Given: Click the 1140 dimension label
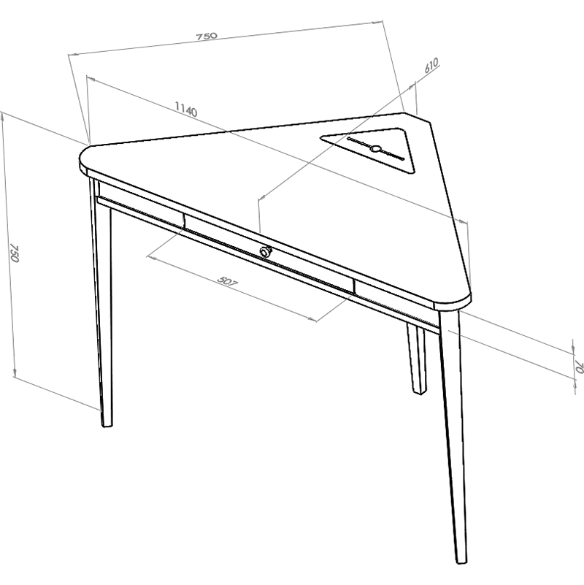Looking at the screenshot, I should coord(186,110).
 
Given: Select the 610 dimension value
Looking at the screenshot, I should coord(431,67).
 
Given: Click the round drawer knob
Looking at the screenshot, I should coord(266,251).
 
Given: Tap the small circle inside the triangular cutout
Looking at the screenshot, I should coord(376,149).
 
